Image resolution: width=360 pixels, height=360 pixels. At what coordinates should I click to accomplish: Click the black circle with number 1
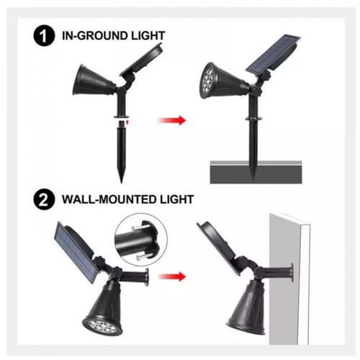click(x=44, y=35)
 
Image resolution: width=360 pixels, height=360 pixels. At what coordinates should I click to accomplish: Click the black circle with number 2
click(x=44, y=199)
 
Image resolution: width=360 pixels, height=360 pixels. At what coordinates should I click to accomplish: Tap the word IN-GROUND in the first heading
click(x=91, y=36)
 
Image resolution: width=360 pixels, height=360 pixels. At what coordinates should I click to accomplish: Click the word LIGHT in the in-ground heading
click(x=145, y=36)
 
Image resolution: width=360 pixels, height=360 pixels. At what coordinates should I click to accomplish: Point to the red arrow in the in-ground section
click(x=172, y=120)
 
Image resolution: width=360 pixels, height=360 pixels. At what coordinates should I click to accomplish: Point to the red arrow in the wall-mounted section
click(x=172, y=276)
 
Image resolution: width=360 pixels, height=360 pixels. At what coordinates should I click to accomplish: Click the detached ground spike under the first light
click(x=121, y=152)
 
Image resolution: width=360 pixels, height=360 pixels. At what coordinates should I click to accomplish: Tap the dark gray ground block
click(x=256, y=172)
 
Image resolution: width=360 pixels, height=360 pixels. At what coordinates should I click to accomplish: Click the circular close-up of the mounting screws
click(x=140, y=240)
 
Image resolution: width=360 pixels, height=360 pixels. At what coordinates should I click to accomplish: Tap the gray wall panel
click(x=289, y=279)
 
